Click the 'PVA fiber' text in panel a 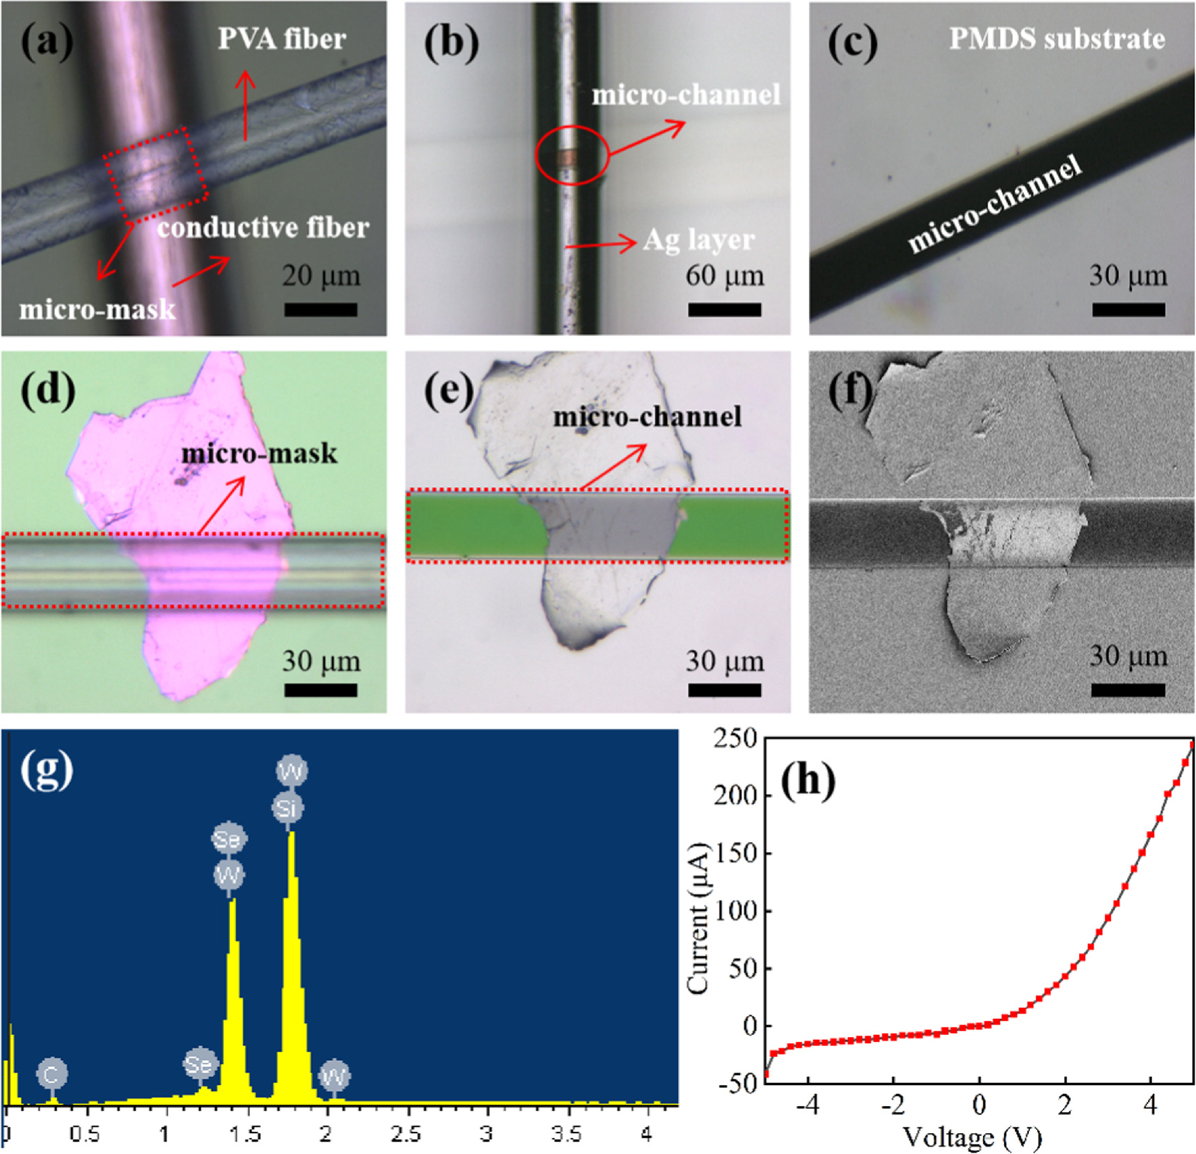point(281,39)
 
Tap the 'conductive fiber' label point(262,228)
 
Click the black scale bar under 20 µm point(320,310)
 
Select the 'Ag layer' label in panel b point(698,240)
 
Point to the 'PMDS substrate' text point(1057,39)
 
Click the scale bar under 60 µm point(724,310)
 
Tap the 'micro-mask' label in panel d point(259,454)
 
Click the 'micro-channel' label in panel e point(647,417)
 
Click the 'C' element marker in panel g point(52,1075)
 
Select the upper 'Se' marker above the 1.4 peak point(229,839)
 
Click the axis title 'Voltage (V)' point(972,1137)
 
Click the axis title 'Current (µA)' point(698,917)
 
